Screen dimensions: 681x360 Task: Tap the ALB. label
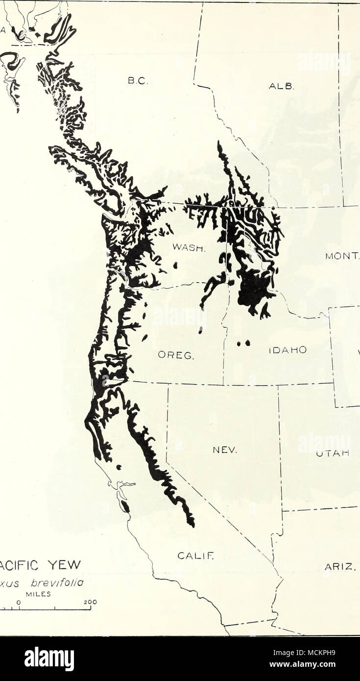281,87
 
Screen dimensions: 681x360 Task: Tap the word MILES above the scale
48,593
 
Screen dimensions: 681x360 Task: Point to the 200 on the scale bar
91,602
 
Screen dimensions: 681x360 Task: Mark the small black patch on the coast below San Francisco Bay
125,506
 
